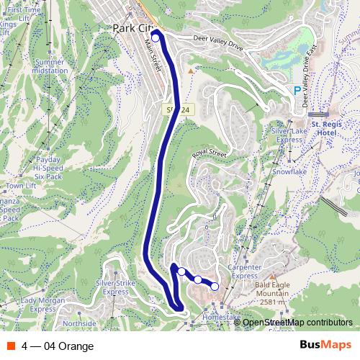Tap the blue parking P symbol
click(298, 91)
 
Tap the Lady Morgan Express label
click(38, 305)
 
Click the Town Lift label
click(22, 186)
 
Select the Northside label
click(79, 324)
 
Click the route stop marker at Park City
click(156, 39)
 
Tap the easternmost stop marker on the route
click(215, 287)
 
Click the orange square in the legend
click(10, 346)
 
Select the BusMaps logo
click(325, 346)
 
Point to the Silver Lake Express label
click(290, 136)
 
